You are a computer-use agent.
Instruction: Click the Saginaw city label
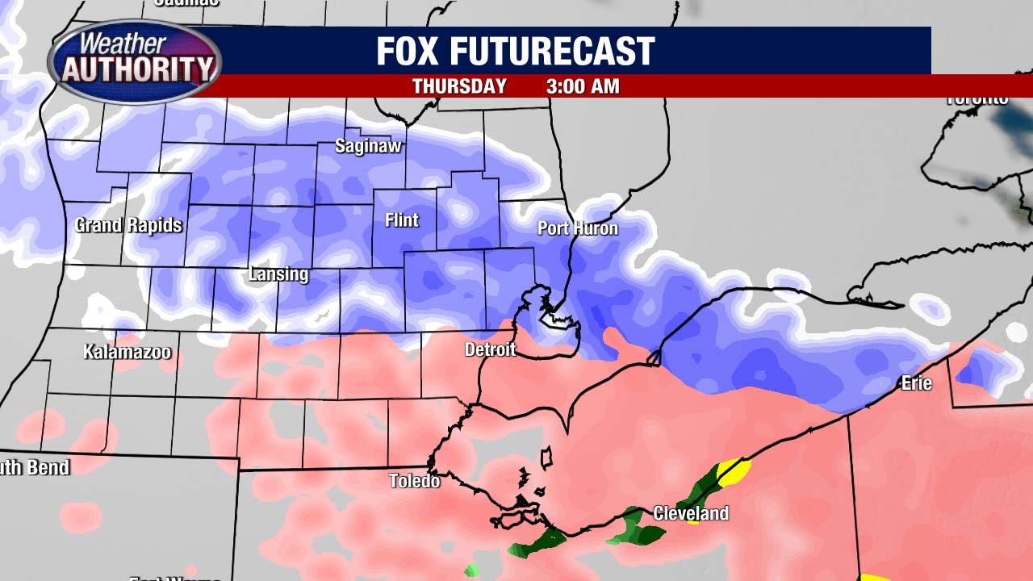[x=369, y=147]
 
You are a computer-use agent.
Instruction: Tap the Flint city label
[x=402, y=219]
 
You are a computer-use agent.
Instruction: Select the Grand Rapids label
[x=129, y=225]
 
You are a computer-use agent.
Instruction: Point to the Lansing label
[x=278, y=274]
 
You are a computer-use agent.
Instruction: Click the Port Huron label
[x=578, y=228]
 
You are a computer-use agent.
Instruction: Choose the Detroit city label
[x=490, y=349]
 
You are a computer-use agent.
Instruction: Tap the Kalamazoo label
[x=128, y=352]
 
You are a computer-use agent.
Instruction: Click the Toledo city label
[x=415, y=481]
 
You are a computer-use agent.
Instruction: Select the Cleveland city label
[x=691, y=513]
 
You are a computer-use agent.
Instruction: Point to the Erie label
[x=917, y=383]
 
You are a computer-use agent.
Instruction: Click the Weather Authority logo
[x=135, y=61]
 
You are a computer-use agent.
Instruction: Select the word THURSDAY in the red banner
[x=459, y=86]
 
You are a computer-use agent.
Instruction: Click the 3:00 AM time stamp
[x=583, y=86]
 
